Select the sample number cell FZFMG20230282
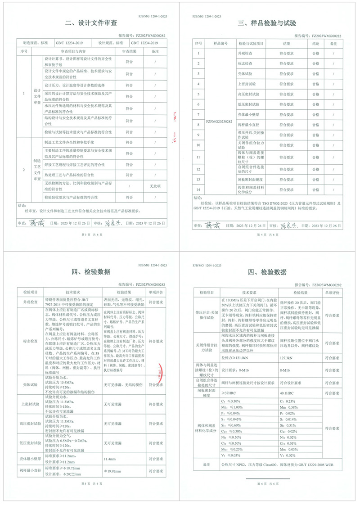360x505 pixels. coord(219,122)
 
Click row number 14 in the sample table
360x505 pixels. coord(198,190)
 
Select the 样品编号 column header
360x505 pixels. coord(219,43)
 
